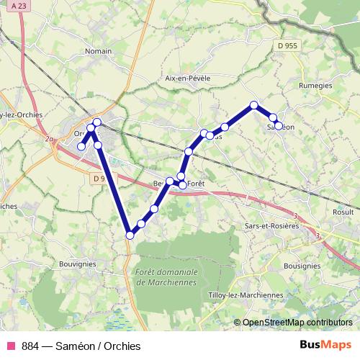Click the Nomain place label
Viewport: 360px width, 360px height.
click(98, 51)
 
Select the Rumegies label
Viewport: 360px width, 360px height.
click(314, 85)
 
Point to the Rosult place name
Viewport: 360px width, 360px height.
click(342, 213)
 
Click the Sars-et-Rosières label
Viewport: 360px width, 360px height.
click(271, 225)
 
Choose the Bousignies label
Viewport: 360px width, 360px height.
click(302, 266)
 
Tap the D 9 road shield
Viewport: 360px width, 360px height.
click(99, 178)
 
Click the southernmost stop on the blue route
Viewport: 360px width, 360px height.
click(130, 235)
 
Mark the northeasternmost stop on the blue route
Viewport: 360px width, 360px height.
click(253, 105)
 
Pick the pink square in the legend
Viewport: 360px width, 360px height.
click(11, 346)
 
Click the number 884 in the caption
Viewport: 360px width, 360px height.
click(31, 346)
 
